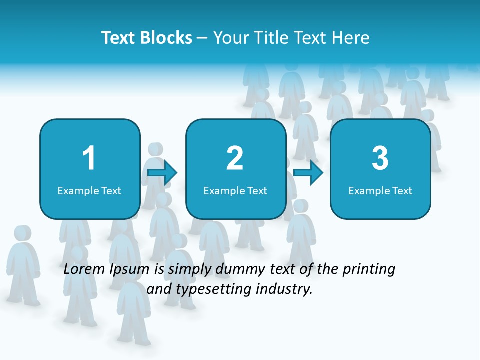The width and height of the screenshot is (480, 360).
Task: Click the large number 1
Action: tap(89, 158)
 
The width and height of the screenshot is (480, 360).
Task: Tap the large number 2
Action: tap(235, 158)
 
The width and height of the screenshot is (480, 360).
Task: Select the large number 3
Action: tap(380, 158)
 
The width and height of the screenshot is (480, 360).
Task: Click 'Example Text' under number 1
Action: tap(89, 191)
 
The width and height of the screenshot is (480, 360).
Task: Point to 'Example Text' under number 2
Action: tap(235, 191)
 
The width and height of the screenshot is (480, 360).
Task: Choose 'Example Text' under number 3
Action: tap(380, 191)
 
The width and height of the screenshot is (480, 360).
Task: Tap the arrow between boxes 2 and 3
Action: tap(308, 173)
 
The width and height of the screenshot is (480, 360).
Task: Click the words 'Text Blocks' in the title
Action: tap(147, 38)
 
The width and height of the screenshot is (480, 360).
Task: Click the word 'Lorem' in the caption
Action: tap(84, 269)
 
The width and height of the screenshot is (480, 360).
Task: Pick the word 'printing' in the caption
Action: tap(369, 269)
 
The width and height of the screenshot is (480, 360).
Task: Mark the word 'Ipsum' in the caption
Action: tap(129, 269)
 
